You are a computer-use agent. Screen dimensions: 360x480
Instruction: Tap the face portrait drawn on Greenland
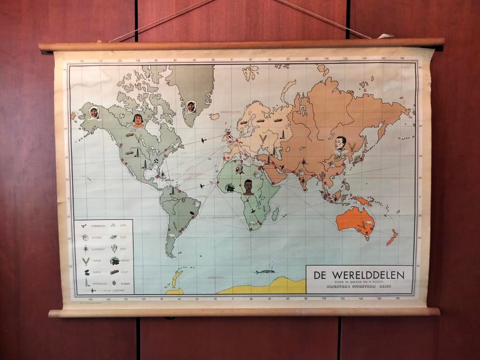point(191,107)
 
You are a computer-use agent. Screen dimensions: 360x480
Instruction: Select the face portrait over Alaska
point(94,112)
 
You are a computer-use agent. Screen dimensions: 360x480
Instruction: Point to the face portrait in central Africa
point(248,187)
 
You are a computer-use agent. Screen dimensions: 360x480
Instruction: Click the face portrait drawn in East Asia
point(341,143)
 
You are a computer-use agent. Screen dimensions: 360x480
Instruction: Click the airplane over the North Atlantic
point(203,140)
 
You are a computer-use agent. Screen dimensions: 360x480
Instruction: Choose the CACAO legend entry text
point(125,261)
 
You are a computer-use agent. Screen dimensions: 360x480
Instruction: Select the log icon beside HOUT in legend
point(114,272)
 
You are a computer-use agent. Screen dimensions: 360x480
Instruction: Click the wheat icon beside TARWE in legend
point(85,261)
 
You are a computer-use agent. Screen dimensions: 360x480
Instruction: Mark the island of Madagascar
point(275,214)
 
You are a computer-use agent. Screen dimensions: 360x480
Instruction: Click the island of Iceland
point(214,116)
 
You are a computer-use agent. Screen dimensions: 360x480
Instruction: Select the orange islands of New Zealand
point(392,237)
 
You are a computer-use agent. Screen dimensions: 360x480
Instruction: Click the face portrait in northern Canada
point(138,120)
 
